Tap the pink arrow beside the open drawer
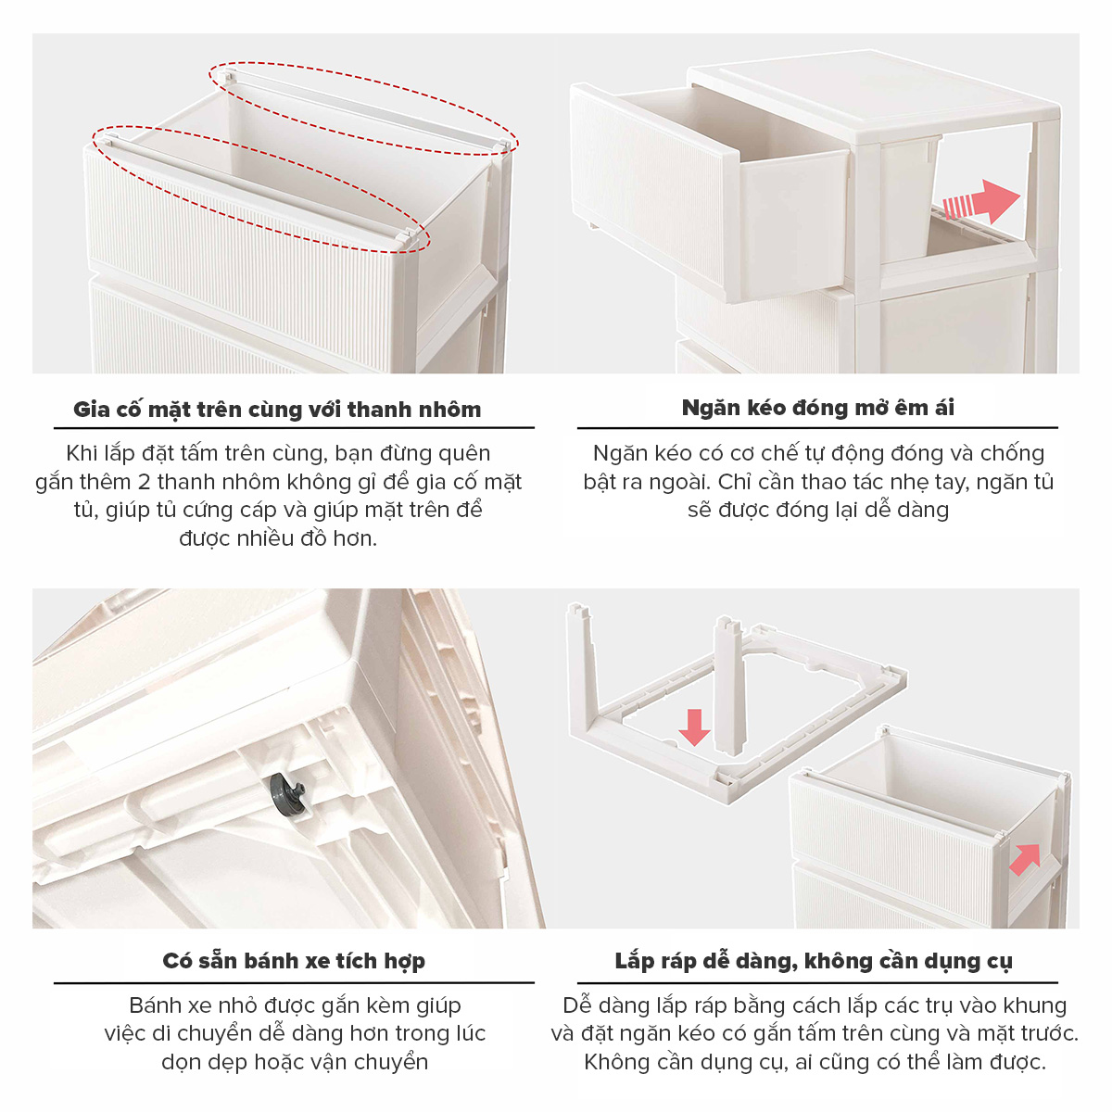point(984,201)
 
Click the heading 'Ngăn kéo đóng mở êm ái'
point(817,408)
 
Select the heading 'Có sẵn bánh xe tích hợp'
point(294,961)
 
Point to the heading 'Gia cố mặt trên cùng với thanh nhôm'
point(277,409)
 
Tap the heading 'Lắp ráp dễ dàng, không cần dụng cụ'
point(813,961)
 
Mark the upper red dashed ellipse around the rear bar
point(363,107)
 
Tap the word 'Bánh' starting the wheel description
point(155,1005)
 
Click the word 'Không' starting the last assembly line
point(617,1062)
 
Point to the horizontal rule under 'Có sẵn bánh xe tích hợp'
point(294,982)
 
